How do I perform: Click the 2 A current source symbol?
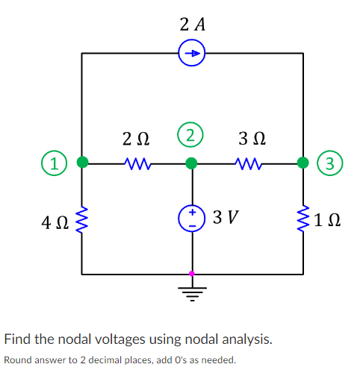193,53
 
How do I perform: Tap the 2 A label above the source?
193,24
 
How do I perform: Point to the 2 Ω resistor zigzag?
137,162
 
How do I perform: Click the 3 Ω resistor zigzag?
247,162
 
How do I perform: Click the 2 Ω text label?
135,139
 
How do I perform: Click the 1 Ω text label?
329,222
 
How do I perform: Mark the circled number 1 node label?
52,162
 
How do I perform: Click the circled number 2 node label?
192,136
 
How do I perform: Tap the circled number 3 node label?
329,162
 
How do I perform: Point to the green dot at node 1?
82,161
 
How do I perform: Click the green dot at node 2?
192,162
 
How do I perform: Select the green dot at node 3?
303,161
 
